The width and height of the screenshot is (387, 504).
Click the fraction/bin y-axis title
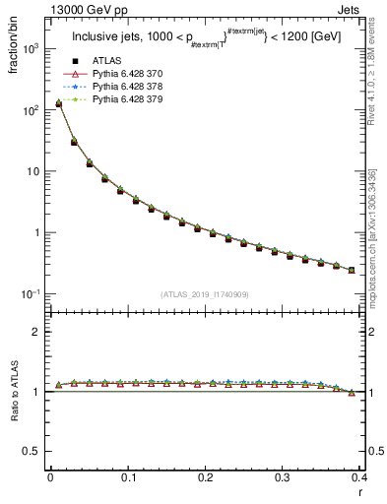click(x=13, y=49)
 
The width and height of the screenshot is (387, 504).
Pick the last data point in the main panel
click(x=352, y=270)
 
